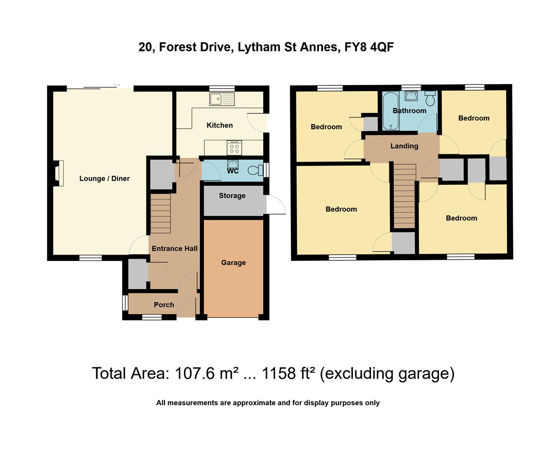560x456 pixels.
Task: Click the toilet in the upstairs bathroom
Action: point(430,99)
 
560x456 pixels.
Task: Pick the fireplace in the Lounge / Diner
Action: point(58,173)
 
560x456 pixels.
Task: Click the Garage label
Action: point(233,263)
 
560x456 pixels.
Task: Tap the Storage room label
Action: point(232,195)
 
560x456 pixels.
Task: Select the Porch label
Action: point(164,304)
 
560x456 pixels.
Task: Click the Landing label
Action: point(404,146)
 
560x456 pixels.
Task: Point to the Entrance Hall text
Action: point(175,249)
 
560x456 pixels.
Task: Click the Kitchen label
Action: point(219,125)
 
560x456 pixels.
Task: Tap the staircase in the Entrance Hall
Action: point(161,213)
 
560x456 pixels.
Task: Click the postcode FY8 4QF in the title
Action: point(369,47)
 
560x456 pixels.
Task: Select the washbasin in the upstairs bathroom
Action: point(411,96)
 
